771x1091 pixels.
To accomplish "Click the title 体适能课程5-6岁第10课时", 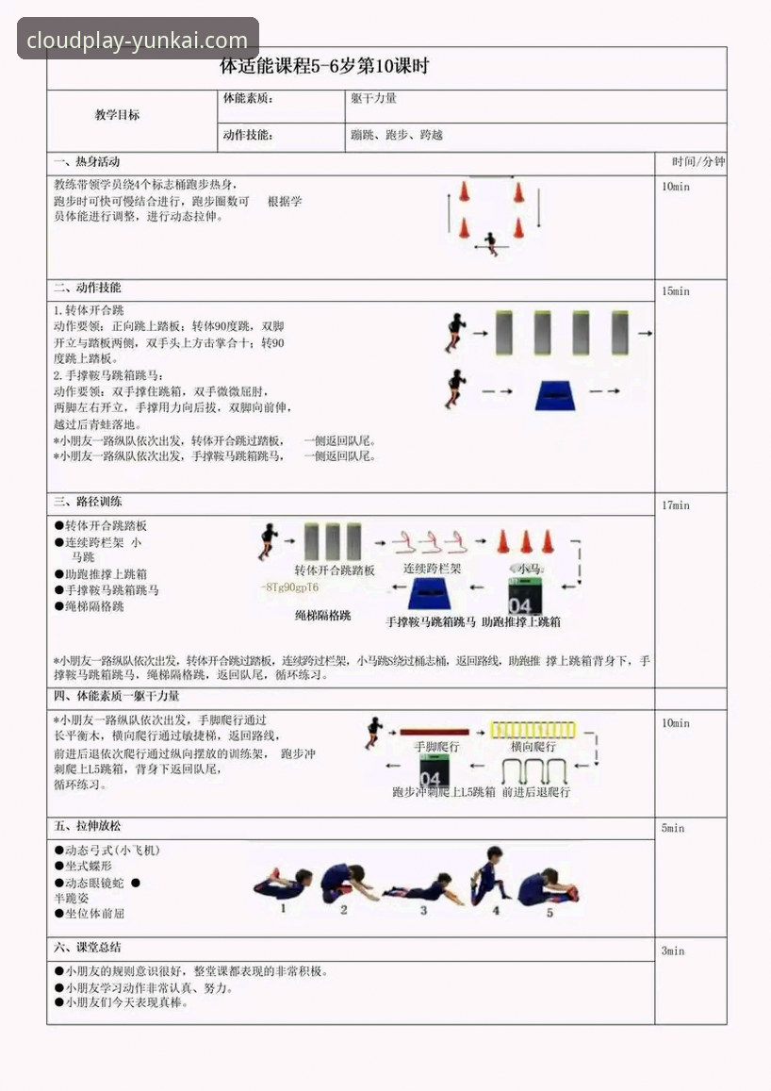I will (x=324, y=67).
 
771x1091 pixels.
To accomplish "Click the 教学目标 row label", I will (x=117, y=115).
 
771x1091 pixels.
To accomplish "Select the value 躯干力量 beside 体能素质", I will (x=373, y=98).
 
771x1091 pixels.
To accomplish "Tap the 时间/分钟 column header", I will (x=698, y=161).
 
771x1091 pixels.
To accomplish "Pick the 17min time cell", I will (x=675, y=505).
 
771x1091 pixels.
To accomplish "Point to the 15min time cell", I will (x=675, y=291).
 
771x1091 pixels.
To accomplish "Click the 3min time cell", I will (x=673, y=950).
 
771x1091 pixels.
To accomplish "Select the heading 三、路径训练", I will (x=88, y=502).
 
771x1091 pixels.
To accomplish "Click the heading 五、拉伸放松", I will (x=88, y=826).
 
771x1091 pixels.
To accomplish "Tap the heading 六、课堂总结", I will (x=88, y=947).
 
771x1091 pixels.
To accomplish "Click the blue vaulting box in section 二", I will (x=562, y=394).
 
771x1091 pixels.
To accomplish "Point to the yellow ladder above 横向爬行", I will (x=535, y=730).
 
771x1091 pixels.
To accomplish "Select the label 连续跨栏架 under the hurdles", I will (x=433, y=570).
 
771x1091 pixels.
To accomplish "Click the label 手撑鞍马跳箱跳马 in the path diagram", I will (x=431, y=622).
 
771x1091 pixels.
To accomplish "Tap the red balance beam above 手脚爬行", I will (x=435, y=731).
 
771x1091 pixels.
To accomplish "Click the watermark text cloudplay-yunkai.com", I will (x=138, y=41).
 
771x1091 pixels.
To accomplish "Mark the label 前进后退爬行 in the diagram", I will (x=536, y=792).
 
